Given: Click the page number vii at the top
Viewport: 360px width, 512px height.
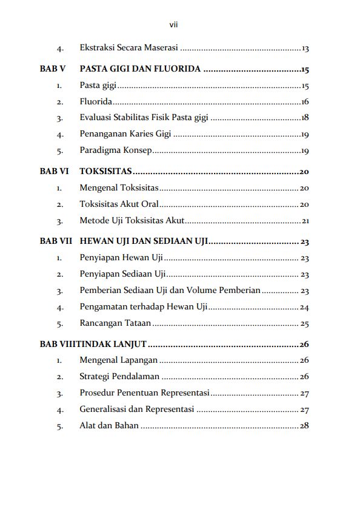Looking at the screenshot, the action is pos(173,25).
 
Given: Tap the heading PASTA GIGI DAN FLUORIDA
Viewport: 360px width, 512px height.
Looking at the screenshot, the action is pos(140,69).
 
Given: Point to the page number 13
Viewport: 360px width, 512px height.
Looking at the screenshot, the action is pos(305,49).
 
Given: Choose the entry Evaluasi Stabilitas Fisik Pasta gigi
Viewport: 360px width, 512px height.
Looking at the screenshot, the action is pos(144,118).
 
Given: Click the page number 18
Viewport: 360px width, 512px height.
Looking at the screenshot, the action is pos(305,118).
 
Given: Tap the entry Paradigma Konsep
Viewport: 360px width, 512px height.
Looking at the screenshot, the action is pos(116,150).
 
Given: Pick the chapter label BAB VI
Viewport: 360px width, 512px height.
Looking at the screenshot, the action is pos(54,172).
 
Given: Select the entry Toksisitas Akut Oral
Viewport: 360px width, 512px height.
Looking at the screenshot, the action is pos(119,204).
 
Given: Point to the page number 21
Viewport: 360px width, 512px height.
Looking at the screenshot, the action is pos(305,221).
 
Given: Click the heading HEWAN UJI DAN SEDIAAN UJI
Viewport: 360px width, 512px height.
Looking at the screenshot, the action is pos(144,241).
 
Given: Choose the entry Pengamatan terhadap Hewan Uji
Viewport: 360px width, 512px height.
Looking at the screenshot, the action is pos(144,307).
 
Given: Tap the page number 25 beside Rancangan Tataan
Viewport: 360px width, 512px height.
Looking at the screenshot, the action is pos(305,323).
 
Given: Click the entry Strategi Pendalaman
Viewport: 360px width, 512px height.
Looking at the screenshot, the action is pos(119,377).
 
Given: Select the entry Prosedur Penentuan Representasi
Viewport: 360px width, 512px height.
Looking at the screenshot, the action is pos(144,393).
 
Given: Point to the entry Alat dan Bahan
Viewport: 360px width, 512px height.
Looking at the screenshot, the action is pos(109,426).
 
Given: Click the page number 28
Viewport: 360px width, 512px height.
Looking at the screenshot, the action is pos(304,426).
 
